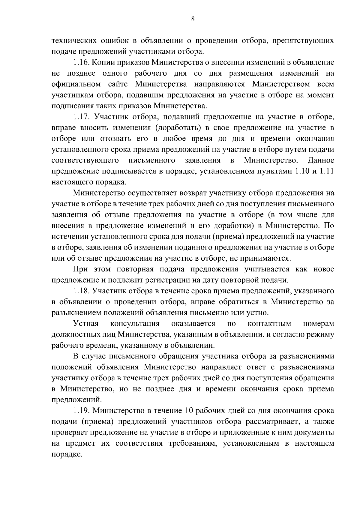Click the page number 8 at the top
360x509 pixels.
point(193,19)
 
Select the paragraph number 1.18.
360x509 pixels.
point(81,291)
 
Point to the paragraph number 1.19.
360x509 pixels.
point(81,410)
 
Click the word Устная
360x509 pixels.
point(86,324)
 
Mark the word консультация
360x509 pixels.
point(135,324)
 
